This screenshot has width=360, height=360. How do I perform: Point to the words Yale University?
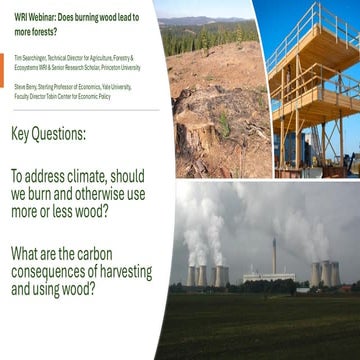117,86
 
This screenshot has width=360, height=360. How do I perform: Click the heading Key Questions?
62,134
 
